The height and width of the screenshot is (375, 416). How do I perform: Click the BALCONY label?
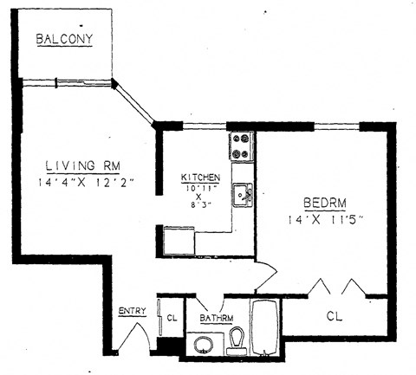(63, 39)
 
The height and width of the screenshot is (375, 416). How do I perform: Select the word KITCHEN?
(200, 178)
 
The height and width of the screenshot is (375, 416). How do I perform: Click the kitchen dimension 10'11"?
(200, 188)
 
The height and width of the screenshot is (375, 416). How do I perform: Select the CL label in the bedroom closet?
(335, 317)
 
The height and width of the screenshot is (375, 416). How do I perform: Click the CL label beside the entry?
(172, 318)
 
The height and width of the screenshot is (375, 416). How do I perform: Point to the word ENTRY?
(132, 311)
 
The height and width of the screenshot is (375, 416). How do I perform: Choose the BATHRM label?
(217, 318)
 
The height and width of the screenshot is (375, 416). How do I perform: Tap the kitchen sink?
(243, 195)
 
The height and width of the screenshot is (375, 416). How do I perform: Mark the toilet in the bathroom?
(236, 344)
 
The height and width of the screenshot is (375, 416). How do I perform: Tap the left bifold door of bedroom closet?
(319, 287)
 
